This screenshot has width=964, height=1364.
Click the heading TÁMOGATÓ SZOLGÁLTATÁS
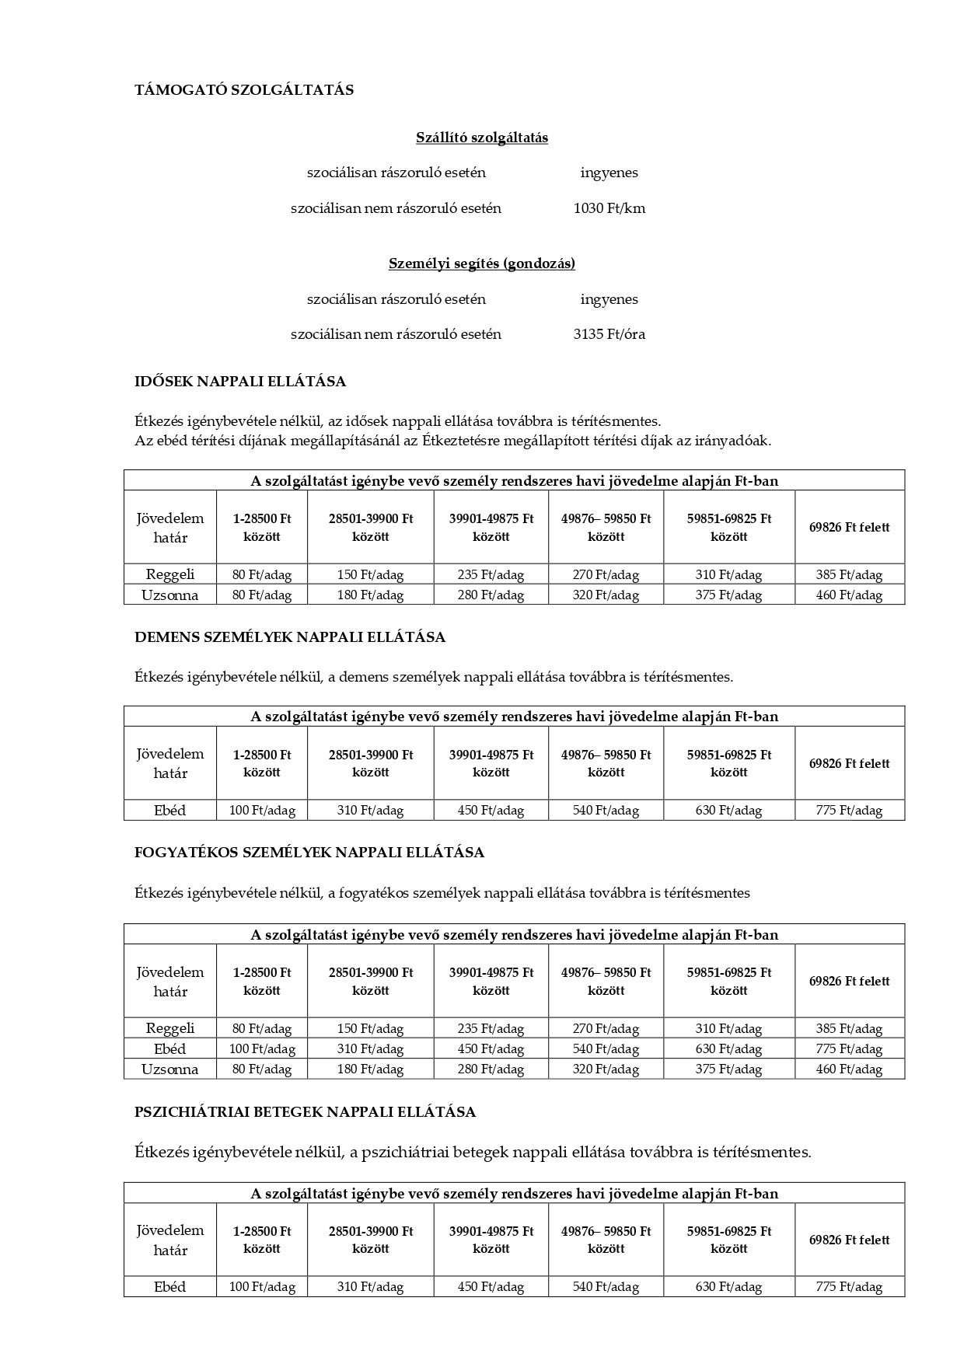click(x=244, y=90)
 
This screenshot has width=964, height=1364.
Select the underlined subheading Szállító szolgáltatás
click(x=482, y=138)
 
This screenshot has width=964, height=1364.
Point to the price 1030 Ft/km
click(x=609, y=208)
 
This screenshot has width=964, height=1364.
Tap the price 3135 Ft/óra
click(x=609, y=334)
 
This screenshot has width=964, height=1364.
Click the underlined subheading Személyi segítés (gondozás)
click(x=482, y=263)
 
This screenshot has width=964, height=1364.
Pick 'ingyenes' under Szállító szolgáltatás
click(x=609, y=173)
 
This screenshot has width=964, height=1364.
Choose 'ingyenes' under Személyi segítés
click(x=609, y=299)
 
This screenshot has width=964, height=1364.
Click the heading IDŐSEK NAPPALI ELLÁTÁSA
click(x=240, y=382)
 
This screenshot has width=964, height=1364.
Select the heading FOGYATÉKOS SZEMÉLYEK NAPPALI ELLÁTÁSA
click(x=309, y=853)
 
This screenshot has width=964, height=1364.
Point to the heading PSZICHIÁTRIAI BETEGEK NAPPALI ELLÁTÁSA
click(x=305, y=1112)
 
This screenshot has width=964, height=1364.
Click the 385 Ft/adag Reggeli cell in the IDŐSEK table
click(x=849, y=575)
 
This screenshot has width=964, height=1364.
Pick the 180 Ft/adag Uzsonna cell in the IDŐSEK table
click(x=370, y=595)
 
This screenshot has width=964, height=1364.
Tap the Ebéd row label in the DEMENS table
click(x=169, y=811)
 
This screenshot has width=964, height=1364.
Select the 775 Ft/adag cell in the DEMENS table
click(x=849, y=811)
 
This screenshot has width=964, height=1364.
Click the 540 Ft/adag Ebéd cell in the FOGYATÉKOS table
click(x=606, y=1049)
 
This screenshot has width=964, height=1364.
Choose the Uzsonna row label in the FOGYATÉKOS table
click(x=169, y=1069)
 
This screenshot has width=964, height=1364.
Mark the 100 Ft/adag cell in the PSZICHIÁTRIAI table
click(x=262, y=1287)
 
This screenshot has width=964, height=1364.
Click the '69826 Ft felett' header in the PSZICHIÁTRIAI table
click(x=849, y=1240)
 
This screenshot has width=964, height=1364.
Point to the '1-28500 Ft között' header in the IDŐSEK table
click(x=262, y=527)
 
